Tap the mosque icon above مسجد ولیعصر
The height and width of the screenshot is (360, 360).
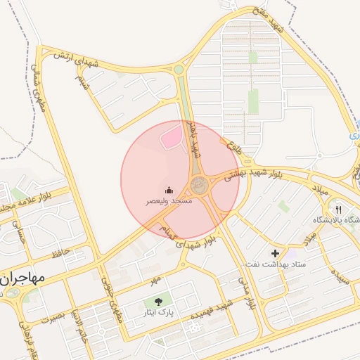tap(169, 190)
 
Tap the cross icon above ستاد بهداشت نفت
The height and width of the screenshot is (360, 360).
tap(275, 252)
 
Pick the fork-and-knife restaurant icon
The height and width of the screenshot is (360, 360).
tap(339, 210)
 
